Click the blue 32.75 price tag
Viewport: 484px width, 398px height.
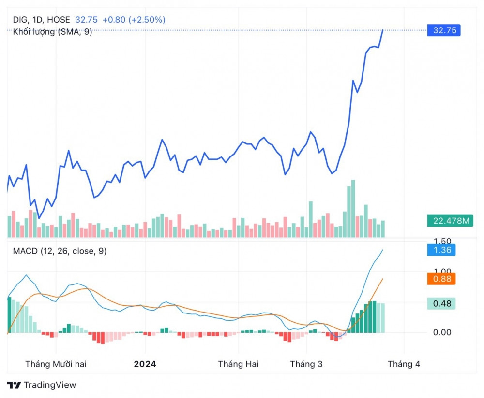(x=444, y=30)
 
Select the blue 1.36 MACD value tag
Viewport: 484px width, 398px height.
(x=441, y=250)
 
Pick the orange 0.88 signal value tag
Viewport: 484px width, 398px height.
(x=441, y=279)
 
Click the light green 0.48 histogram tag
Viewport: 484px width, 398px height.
(x=441, y=303)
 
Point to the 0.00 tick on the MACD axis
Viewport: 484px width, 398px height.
(x=442, y=332)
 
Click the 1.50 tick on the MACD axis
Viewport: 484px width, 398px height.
(x=442, y=241)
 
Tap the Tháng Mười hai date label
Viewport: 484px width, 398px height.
(x=56, y=364)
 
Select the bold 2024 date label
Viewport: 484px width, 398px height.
(x=145, y=364)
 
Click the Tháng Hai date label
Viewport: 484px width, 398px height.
(x=238, y=364)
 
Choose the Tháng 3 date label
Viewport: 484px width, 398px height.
(x=306, y=364)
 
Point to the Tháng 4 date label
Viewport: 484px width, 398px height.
(x=404, y=364)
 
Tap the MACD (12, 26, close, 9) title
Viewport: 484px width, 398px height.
(x=60, y=251)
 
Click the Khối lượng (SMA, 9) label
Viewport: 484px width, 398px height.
(x=52, y=32)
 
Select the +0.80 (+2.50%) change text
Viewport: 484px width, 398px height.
(x=134, y=20)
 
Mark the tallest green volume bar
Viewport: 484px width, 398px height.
(x=353, y=208)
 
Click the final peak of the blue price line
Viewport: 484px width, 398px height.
(x=383, y=30)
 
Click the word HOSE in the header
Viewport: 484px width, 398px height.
(x=60, y=20)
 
